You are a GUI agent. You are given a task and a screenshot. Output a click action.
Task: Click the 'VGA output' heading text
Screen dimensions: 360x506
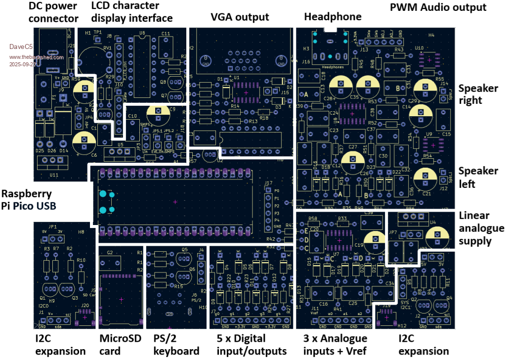pos(240,17)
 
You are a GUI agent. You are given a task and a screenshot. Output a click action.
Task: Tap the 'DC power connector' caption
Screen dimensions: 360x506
pos(53,12)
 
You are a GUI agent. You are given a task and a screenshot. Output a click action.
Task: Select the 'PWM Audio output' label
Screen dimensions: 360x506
pos(438,7)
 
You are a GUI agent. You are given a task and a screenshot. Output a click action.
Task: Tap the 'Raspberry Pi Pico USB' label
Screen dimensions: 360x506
pos(29,199)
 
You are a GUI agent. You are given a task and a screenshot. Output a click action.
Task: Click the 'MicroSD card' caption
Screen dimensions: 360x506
pos(120,345)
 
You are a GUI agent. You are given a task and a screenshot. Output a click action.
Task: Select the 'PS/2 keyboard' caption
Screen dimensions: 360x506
pos(176,345)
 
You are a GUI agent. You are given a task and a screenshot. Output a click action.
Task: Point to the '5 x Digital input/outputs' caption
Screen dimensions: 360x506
pos(252,345)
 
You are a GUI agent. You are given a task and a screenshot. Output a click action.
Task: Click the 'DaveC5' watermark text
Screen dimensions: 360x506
pos(20,47)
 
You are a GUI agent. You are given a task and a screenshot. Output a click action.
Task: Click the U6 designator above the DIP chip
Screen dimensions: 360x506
pos(142,33)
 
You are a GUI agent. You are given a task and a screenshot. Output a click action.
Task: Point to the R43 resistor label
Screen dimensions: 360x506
pos(399,49)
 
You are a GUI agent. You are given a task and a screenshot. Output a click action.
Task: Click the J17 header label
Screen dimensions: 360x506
pos(268,183)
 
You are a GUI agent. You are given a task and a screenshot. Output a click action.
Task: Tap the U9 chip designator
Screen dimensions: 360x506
pos(429,134)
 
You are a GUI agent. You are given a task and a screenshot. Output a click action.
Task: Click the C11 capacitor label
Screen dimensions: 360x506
pos(166,33)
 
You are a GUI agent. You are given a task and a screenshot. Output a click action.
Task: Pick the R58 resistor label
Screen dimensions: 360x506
pos(312,218)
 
